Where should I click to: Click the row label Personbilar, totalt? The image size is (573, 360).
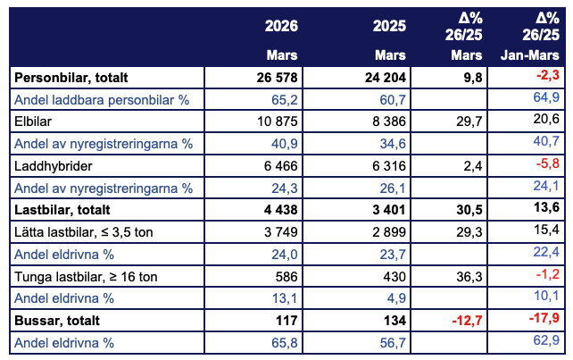(x=71, y=78)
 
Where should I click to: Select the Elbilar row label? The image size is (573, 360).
(x=34, y=119)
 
